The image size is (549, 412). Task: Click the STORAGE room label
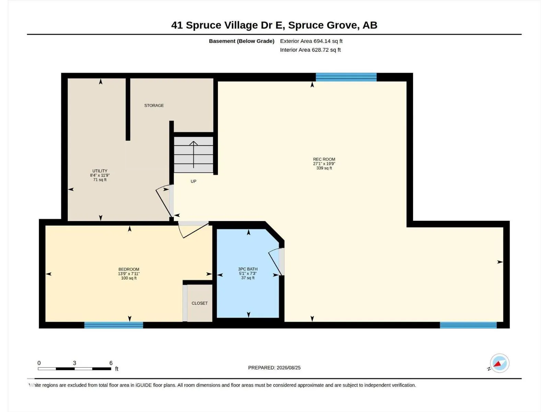click(x=154, y=105)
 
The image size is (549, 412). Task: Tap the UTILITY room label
click(x=100, y=171)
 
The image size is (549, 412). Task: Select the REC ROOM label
click(x=324, y=159)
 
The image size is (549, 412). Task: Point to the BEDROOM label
click(x=129, y=270)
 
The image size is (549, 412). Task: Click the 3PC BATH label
click(x=248, y=269)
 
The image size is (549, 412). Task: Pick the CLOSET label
click(x=200, y=303)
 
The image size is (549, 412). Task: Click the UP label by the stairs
click(x=193, y=181)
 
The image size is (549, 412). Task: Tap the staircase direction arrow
click(x=193, y=154)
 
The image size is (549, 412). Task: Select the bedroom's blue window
click(x=114, y=325)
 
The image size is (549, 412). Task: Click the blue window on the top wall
click(x=346, y=77)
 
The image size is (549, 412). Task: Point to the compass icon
click(x=500, y=363)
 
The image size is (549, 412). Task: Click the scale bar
click(x=74, y=369)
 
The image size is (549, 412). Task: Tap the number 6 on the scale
click(x=111, y=363)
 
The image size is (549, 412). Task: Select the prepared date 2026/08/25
click(x=288, y=368)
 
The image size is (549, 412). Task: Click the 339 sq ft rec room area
click(x=324, y=168)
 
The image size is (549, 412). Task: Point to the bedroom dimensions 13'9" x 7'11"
click(x=129, y=274)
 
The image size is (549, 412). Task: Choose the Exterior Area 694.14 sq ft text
click(x=311, y=41)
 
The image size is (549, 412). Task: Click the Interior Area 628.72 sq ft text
click(x=311, y=50)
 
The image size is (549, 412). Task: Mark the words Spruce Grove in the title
click(x=323, y=25)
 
